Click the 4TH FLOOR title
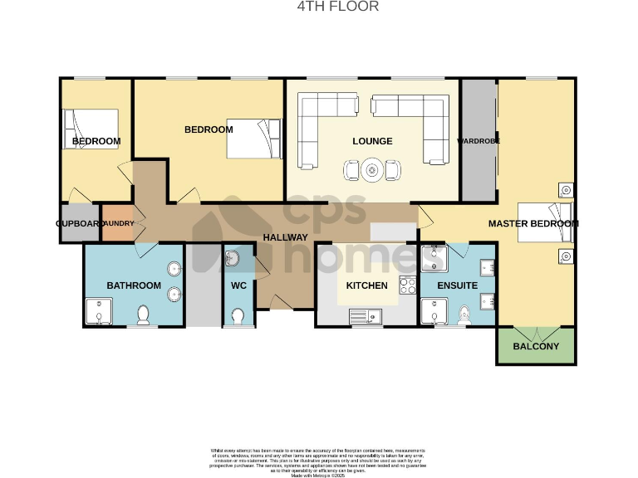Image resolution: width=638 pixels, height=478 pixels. [338, 7]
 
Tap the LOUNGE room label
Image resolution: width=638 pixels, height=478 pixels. [372, 141]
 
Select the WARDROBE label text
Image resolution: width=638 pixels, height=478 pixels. [478, 141]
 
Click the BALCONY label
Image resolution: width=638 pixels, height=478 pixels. [536, 346]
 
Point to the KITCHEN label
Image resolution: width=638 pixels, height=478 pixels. [366, 285]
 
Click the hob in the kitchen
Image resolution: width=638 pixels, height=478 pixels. [408, 285]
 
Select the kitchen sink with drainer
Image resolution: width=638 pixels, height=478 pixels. [366, 315]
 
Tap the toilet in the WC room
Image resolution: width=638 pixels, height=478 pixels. [239, 316]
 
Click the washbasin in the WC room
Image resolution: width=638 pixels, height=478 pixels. [233, 260]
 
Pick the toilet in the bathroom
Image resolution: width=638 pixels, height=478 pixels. [143, 315]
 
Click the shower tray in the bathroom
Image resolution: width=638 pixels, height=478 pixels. [98, 313]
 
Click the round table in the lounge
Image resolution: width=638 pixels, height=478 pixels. [371, 171]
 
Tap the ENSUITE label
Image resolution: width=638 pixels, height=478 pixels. [457, 285]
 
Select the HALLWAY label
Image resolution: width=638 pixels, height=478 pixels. [286, 237]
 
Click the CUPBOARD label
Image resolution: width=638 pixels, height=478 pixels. [79, 224]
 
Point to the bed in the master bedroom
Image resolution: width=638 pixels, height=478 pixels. [544, 223]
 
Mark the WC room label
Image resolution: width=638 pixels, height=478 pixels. [239, 285]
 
